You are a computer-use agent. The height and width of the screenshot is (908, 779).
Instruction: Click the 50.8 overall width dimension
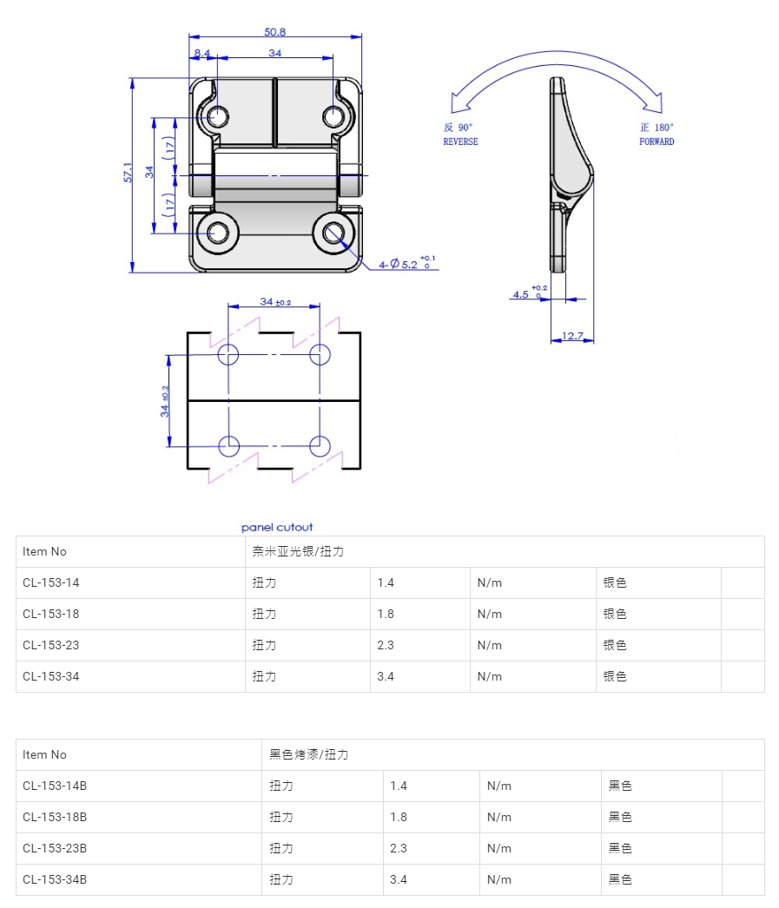[275, 32]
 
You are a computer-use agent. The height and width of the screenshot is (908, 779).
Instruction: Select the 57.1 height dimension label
[128, 172]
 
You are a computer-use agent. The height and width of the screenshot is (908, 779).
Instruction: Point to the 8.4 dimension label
[202, 53]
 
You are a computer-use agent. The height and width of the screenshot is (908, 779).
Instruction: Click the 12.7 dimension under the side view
[572, 336]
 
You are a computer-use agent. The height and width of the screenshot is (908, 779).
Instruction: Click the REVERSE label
[460, 141]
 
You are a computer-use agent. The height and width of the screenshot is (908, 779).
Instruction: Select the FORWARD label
[657, 141]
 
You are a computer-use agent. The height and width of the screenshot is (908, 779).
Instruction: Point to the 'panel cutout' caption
[277, 527]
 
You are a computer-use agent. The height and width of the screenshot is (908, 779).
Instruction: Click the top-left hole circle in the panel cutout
[228, 354]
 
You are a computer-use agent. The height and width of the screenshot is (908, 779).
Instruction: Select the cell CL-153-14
[51, 582]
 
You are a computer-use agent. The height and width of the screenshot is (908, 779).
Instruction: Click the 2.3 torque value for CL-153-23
[386, 645]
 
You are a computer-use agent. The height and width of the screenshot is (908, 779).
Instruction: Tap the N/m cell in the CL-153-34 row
[490, 676]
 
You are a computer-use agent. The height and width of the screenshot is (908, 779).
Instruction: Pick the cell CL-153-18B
[55, 817]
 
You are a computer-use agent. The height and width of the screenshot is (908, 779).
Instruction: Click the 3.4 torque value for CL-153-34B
[399, 879]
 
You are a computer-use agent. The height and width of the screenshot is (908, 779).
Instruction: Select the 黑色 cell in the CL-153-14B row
[620, 786]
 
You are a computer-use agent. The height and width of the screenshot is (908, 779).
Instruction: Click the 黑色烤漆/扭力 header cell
[308, 754]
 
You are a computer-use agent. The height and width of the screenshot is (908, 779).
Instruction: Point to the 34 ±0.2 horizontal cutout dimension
[275, 302]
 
